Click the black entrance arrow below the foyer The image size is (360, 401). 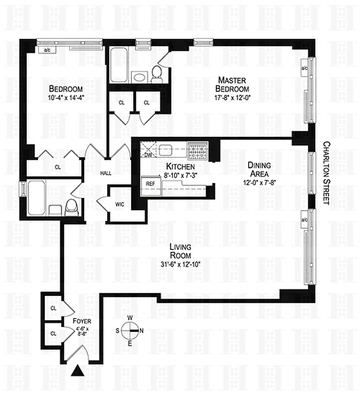tap(78, 371)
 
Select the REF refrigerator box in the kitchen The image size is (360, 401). tap(149, 184)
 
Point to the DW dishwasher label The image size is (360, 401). tap(148, 154)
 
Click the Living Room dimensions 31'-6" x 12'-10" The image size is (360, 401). tap(182, 265)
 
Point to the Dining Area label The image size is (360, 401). tap(259, 169)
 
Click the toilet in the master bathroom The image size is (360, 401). tap(156, 74)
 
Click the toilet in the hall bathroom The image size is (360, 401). tap(72, 206)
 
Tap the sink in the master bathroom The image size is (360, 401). tap(138, 77)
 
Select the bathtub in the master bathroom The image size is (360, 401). tap(119, 65)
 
